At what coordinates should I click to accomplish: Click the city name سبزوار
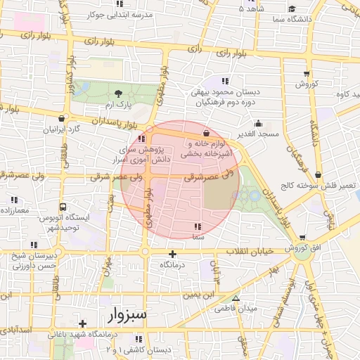tap(127, 314)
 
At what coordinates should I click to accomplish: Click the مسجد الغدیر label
tap(258, 134)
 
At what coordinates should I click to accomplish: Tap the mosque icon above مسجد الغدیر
tap(258, 123)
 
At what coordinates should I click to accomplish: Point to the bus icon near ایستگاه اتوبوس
tap(63, 207)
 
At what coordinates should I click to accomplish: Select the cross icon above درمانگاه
tap(173, 253)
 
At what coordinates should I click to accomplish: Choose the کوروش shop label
tap(307, 84)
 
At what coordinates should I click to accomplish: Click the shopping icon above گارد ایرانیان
tap(63, 119)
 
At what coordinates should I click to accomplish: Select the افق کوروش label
tap(302, 250)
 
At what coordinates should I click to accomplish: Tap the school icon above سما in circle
tap(197, 226)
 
